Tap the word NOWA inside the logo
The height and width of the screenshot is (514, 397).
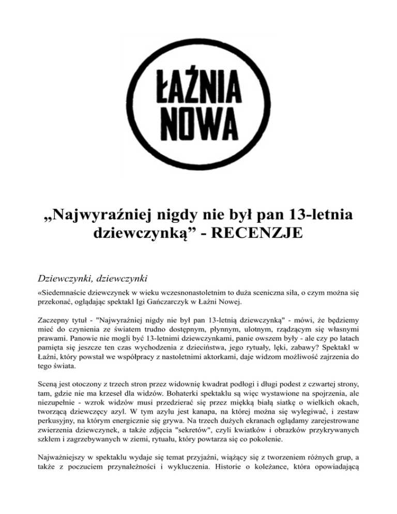(198, 122)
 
